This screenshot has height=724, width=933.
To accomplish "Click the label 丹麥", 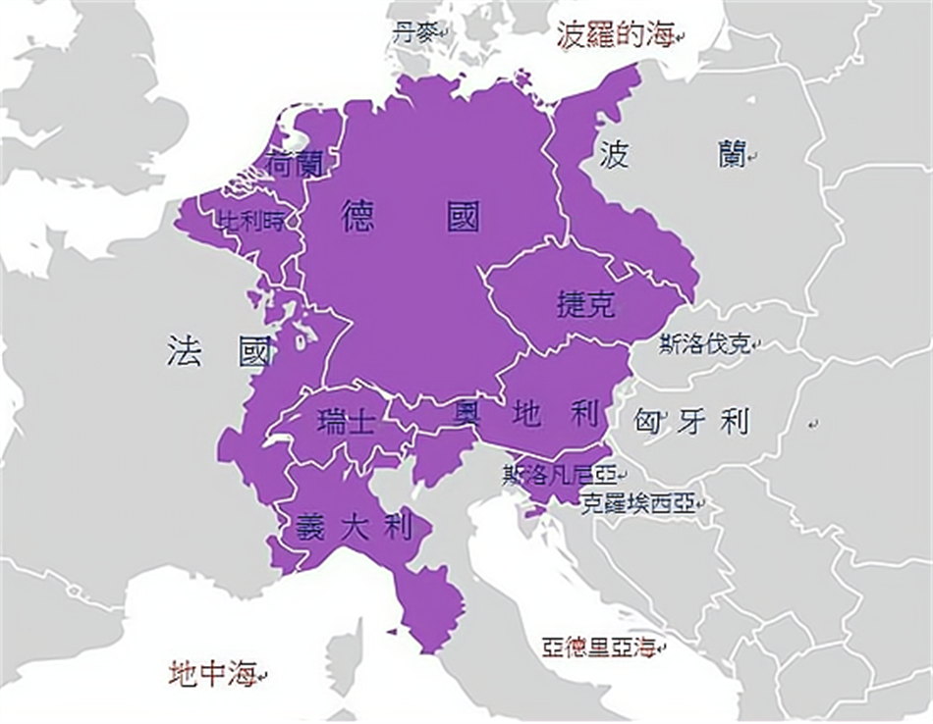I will coord(412,32).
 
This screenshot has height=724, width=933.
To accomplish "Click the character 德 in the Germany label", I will coord(358,216).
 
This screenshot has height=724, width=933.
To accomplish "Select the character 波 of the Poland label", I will coord(614,154).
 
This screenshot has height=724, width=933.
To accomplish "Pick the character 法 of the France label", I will coord(184,351).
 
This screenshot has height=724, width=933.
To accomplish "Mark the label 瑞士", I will coord(347,423).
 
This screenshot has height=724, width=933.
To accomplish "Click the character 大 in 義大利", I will coord(355,528).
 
